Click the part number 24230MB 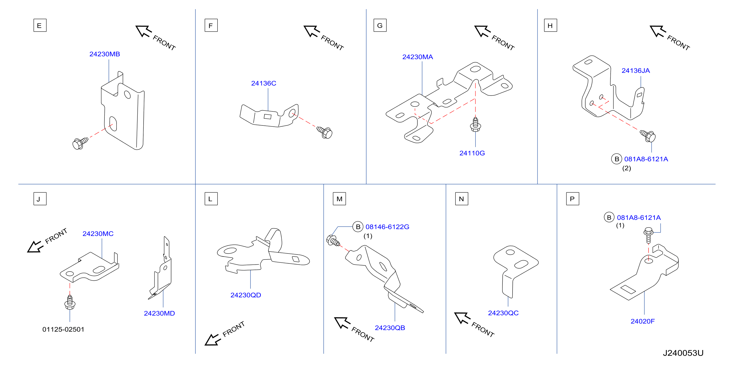104,54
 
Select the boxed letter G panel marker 380,25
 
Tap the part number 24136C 264,83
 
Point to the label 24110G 472,153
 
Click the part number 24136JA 635,71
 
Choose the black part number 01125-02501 63,329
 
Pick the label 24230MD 159,313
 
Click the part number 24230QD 246,295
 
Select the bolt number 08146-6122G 387,227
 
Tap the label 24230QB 390,328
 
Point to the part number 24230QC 503,313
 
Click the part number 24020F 643,321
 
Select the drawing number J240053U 683,353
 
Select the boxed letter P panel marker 573,199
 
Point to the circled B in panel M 358,227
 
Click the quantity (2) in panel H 626,168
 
